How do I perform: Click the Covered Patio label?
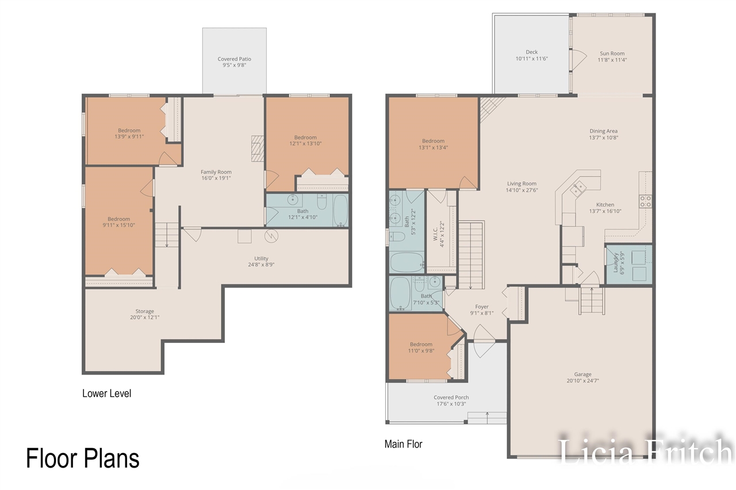click(234, 59)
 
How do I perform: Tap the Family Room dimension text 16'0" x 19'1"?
click(216, 178)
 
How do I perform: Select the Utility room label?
click(261, 258)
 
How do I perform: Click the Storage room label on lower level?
click(144, 311)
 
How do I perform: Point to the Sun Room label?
click(612, 53)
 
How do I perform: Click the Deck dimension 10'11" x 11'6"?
click(532, 59)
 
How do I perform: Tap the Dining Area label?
click(603, 131)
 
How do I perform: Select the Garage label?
click(582, 374)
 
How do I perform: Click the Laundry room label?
click(616, 263)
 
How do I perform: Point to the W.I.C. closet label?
click(436, 234)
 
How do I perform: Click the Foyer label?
click(482, 307)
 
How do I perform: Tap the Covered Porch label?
click(451, 398)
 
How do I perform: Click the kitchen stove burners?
click(645, 201)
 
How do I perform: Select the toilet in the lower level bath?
click(321, 202)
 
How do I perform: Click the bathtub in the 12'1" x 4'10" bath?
click(341, 210)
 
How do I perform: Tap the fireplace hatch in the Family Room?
click(258, 148)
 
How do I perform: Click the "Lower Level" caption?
click(107, 393)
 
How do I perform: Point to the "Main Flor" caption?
click(404, 444)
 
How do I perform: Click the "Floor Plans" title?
click(83, 458)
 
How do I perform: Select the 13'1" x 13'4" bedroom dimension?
click(433, 148)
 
